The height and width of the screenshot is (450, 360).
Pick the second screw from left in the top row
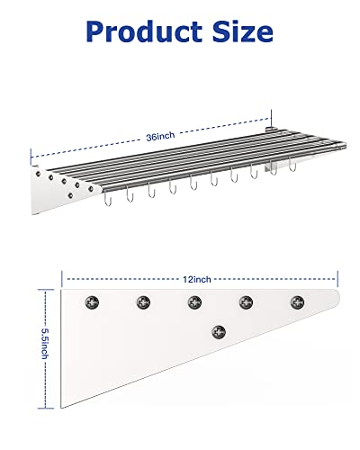(x=141, y=301)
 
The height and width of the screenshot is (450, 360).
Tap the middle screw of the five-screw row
(x=193, y=301)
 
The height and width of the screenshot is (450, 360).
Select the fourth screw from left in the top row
(x=245, y=301)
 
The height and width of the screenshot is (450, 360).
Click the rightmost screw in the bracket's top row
(x=296, y=301)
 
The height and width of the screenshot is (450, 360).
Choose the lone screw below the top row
(x=219, y=331)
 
